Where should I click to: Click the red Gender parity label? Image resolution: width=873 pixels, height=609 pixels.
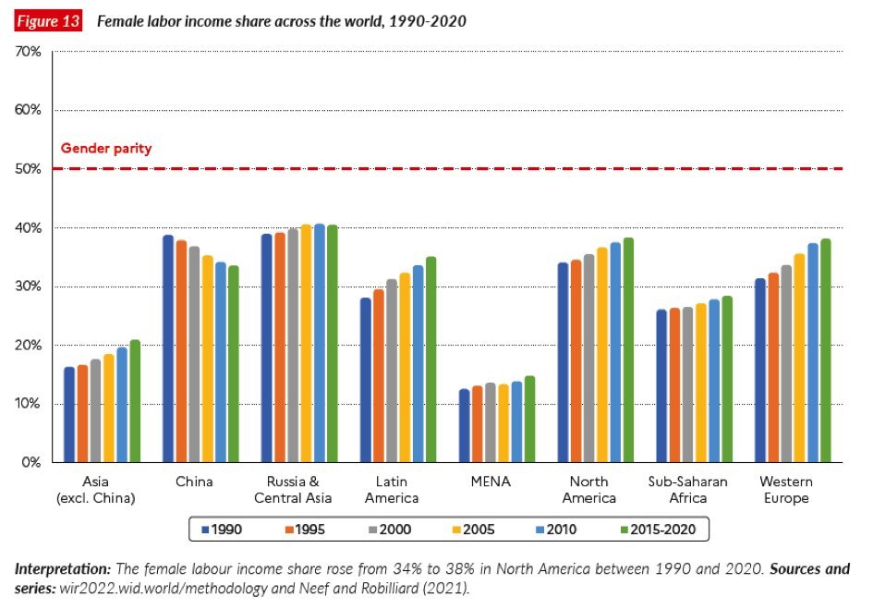coord(106,148)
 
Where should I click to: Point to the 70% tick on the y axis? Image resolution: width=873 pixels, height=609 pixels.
coord(29,52)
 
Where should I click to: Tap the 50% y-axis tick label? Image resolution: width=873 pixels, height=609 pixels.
coord(29,169)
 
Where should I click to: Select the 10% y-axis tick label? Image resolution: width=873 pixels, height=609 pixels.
coord(29,404)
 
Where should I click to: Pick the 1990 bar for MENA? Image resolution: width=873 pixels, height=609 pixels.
coord(465,426)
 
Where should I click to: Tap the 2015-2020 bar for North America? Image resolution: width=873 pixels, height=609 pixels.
coord(628,350)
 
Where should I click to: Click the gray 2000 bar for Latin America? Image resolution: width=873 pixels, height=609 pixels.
coord(392,371)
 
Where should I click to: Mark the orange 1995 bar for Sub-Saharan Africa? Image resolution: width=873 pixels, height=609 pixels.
coord(674,385)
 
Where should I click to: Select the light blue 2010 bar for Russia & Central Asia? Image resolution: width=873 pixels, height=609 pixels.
coord(319,343)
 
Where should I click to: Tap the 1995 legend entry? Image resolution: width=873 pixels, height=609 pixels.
coord(309,530)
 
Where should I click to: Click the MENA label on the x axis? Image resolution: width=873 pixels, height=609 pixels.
coord(491,481)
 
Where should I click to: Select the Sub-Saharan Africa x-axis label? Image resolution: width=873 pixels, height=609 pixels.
coord(687,490)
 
